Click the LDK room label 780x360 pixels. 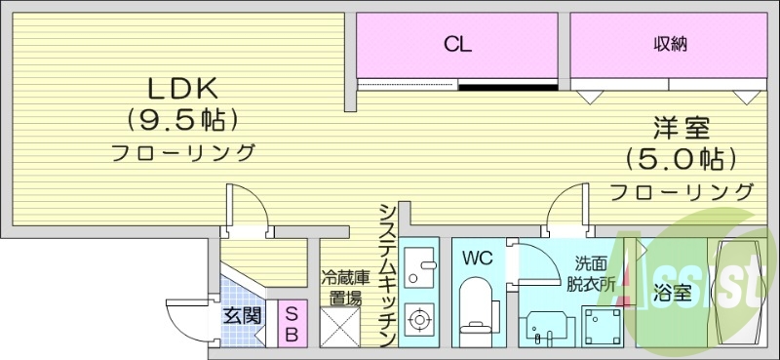tap(181, 88)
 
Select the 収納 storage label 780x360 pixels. tap(672, 43)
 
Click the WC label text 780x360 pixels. tap(478, 260)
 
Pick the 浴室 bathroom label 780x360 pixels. tap(674, 292)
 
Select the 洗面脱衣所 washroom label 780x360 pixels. tap(593, 274)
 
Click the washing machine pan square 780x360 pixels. tap(603, 323)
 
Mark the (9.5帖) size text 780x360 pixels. tap(181, 120)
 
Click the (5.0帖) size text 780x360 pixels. tap(681, 157)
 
